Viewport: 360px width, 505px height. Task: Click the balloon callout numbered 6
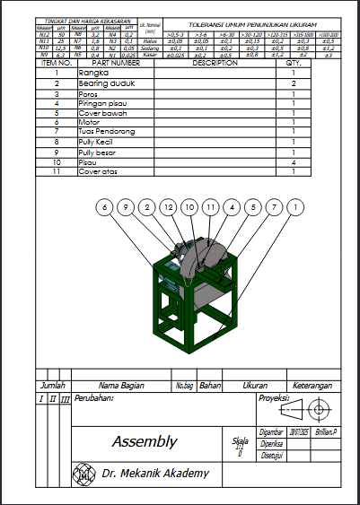(x=105, y=207)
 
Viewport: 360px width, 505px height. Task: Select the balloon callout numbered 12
(x=168, y=207)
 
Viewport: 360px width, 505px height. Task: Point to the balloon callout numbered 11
(x=210, y=207)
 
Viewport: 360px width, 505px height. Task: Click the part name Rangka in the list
(x=92, y=73)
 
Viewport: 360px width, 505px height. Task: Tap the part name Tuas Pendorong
(x=107, y=132)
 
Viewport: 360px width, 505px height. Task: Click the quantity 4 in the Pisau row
(x=294, y=161)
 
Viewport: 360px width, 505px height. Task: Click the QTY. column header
(x=294, y=64)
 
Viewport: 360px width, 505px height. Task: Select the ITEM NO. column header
(x=56, y=64)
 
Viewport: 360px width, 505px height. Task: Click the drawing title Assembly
(x=144, y=441)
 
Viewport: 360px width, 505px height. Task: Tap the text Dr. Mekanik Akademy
(x=154, y=473)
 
